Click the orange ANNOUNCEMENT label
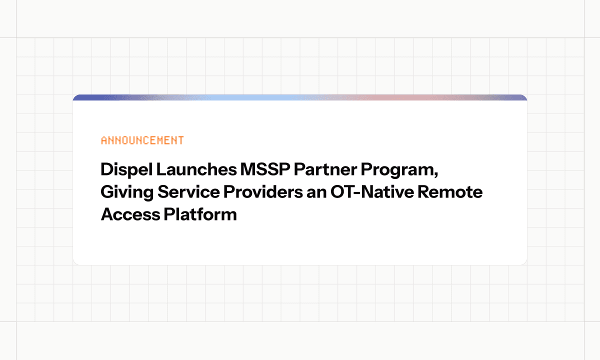click(x=142, y=140)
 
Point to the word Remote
click(x=455, y=192)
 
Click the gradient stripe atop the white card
click(x=300, y=97)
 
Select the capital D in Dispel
click(x=106, y=170)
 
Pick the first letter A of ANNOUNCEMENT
click(x=104, y=140)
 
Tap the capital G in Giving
click(x=107, y=192)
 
